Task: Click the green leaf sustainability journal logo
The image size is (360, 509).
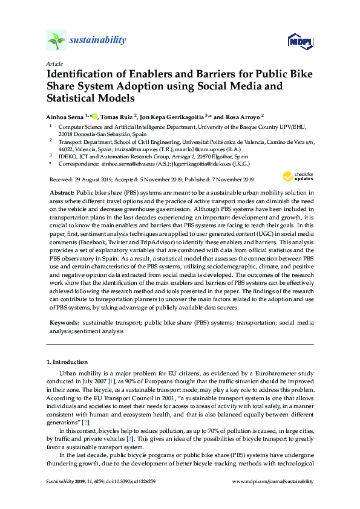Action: coord(57,41)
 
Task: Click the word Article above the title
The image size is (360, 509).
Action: coord(54,63)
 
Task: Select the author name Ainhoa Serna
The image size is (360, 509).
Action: coord(65,116)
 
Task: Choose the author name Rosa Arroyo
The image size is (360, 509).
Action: coord(240,116)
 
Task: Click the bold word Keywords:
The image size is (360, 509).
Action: coord(64,324)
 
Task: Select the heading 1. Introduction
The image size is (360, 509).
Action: coord(67,362)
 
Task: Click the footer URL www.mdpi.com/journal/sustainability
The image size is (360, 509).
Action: coord(273,481)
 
